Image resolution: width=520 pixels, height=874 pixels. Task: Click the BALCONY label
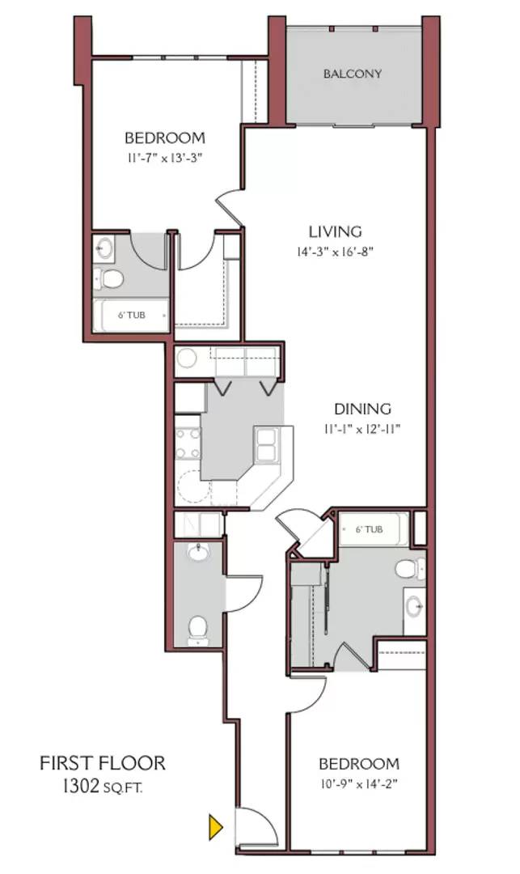pyautogui.click(x=353, y=74)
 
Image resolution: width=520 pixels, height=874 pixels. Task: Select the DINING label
pyautogui.click(x=364, y=409)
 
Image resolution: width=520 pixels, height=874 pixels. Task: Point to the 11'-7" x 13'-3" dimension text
pyautogui.click(x=164, y=158)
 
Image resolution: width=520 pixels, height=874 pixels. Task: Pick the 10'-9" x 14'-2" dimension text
pyautogui.click(x=358, y=783)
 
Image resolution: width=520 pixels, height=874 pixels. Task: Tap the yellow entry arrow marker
pyautogui.click(x=215, y=827)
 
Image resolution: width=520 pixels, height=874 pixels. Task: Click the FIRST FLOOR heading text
pyautogui.click(x=103, y=762)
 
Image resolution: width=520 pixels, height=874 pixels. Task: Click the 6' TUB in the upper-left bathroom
pyautogui.click(x=131, y=315)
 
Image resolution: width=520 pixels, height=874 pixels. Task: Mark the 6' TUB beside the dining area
pyautogui.click(x=370, y=530)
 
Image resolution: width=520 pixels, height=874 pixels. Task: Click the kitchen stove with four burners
pyautogui.click(x=188, y=441)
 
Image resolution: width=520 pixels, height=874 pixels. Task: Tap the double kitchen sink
pyautogui.click(x=267, y=444)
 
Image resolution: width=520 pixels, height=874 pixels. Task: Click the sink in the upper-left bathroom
pyautogui.click(x=104, y=247)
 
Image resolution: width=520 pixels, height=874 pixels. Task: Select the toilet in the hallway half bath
pyautogui.click(x=197, y=627)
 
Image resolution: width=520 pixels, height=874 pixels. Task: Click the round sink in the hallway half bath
pyautogui.click(x=197, y=553)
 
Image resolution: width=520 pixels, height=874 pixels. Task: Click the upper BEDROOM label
pyautogui.click(x=164, y=138)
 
